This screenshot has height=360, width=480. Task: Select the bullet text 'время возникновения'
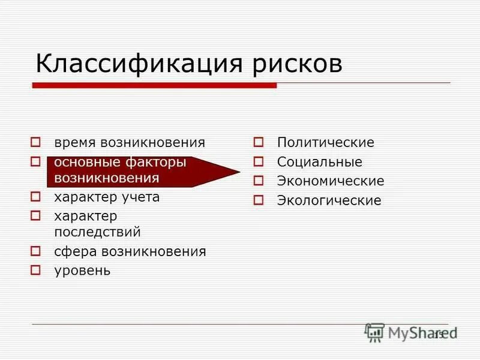tap(130, 143)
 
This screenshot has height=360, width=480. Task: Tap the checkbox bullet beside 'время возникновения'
tap(35, 143)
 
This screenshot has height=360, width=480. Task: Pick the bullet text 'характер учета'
tap(107, 197)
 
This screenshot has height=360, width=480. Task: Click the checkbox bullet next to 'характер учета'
tap(35, 196)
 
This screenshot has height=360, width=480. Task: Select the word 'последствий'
tap(97, 231)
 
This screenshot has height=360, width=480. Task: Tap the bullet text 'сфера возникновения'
tap(130, 251)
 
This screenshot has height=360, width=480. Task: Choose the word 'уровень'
tap(82, 270)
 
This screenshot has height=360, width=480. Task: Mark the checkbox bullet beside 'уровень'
tap(35, 269)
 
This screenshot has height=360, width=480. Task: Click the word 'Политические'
tap(325, 143)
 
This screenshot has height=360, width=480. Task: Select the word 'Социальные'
tap(319, 162)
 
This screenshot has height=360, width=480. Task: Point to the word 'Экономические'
tap(330, 181)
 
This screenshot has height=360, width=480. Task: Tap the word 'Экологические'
tap(329, 200)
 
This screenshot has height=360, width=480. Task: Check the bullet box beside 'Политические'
tap(259, 143)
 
